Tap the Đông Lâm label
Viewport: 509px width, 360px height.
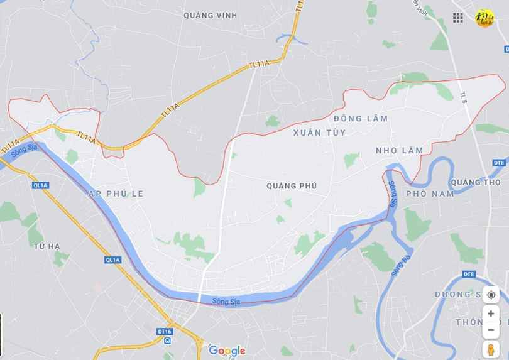[x=361, y=119]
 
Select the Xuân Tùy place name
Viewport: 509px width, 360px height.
[x=319, y=133]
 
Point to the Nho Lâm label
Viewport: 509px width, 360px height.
[x=399, y=150]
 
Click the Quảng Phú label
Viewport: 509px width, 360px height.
[x=292, y=186]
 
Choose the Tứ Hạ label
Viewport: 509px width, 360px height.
[x=47, y=246]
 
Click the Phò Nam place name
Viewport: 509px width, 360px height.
[x=430, y=194]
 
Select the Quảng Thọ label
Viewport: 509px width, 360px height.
[x=476, y=182]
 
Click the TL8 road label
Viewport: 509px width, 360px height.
[x=463, y=97]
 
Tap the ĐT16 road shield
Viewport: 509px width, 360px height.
[x=165, y=331]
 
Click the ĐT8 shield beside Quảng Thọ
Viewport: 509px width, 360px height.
[x=499, y=163]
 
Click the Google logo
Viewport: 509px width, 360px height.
[x=227, y=351]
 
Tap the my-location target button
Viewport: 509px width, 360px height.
[x=491, y=295]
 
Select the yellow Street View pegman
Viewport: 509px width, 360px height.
[x=491, y=349]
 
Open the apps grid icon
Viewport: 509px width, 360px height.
[x=458, y=18]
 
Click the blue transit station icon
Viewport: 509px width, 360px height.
[x=167, y=341]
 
